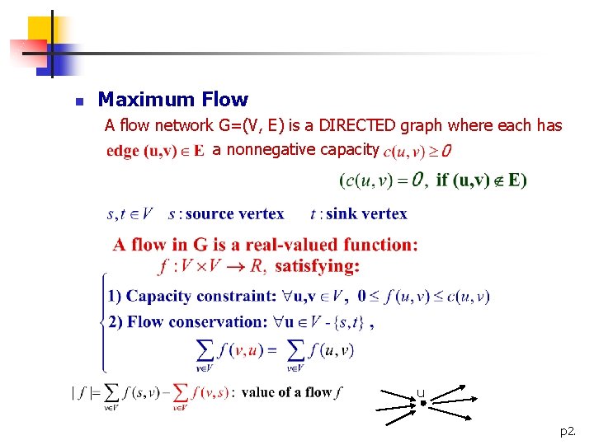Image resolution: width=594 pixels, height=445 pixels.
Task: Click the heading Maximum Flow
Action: pyautogui.click(x=172, y=100)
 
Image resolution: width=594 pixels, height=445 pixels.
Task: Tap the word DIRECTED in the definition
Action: pyautogui.click(x=357, y=125)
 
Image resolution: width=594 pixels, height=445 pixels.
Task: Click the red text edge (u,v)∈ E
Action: pyautogui.click(x=155, y=152)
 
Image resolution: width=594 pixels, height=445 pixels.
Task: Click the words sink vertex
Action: pyautogui.click(x=366, y=214)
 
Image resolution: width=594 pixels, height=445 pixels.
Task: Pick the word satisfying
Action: pyautogui.click(x=317, y=266)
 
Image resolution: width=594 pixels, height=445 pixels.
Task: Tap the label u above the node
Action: pyautogui.click(x=421, y=393)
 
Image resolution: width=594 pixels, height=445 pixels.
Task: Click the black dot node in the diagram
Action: pyautogui.click(x=422, y=403)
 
